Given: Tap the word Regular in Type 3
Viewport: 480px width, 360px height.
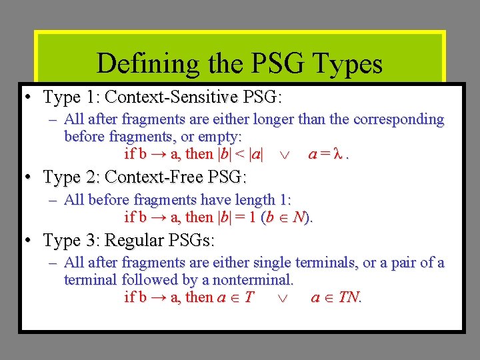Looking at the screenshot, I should coord(136,240).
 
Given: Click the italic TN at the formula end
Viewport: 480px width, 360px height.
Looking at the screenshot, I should coord(348,297).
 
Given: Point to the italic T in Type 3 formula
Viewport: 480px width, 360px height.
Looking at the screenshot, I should coord(249,297).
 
